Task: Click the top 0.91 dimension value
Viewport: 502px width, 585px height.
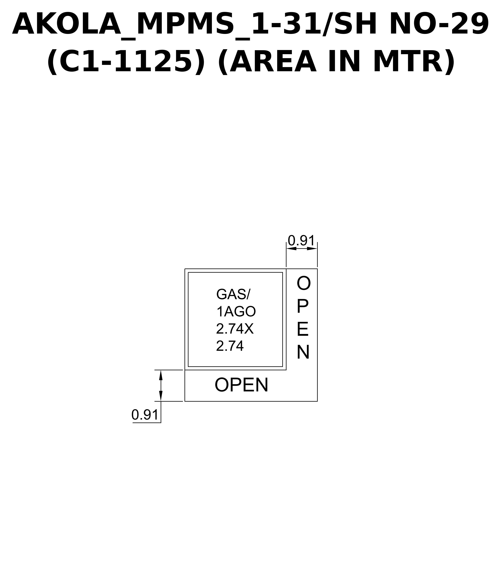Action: point(301,241)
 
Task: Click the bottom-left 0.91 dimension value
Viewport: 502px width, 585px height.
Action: point(145,415)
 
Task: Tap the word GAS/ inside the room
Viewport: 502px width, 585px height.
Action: point(233,294)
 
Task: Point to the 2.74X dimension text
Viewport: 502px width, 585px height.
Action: point(235,329)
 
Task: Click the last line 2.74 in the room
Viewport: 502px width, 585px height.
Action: point(230,346)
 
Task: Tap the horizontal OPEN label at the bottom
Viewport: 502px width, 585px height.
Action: point(241,385)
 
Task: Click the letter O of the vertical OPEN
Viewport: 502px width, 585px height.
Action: point(303,283)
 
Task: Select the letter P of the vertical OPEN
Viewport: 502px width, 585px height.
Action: point(302,306)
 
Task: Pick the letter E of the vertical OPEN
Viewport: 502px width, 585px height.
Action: point(303,329)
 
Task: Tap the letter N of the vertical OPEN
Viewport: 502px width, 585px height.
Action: point(303,352)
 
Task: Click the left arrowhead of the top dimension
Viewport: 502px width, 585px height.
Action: point(291,248)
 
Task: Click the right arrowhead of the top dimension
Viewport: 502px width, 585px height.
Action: point(312,248)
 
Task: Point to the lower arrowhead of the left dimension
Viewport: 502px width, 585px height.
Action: point(161,396)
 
